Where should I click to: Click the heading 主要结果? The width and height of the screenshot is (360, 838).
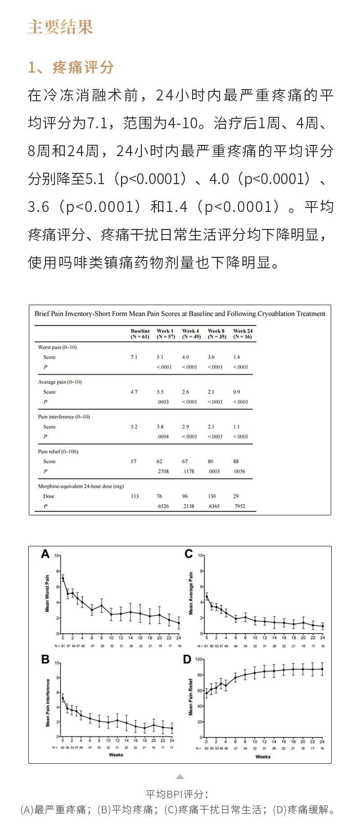point(60,27)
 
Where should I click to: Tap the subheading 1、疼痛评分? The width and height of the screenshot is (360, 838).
point(71,68)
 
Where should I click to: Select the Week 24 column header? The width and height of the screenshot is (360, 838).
point(243,333)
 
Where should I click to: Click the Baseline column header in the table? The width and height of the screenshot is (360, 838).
point(140,333)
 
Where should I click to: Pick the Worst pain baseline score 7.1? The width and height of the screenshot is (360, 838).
point(134,357)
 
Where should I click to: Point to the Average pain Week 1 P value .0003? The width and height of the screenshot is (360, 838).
point(163,402)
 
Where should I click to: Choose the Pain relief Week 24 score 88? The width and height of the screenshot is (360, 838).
point(236,461)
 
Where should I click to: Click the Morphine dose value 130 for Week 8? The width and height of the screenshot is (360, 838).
point(212,496)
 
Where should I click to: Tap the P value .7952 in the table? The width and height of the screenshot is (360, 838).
point(239,506)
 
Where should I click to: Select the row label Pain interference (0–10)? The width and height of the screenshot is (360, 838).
point(64,417)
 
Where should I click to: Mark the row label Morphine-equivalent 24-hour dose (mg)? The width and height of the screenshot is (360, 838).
point(81,486)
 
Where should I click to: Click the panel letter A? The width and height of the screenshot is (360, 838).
point(45,554)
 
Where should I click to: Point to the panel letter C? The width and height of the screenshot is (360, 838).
point(189,554)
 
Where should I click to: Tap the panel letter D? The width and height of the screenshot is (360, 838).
point(187,659)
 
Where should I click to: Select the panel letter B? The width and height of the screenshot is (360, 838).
point(45,659)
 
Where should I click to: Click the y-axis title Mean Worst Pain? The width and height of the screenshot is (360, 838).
point(47,593)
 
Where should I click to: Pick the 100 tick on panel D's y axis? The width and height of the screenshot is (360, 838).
point(198,659)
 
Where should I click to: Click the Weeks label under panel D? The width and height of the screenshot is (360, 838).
point(263,757)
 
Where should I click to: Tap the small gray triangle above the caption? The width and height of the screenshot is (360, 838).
point(180,777)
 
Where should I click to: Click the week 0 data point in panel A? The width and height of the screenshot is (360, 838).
point(63,578)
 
